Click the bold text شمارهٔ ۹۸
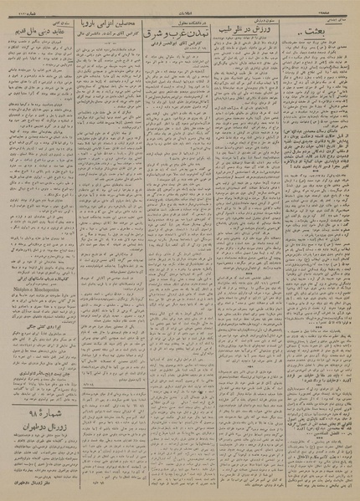pos(40,413)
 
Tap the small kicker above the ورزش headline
pos(248,20)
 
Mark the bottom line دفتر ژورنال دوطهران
pos(40,483)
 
